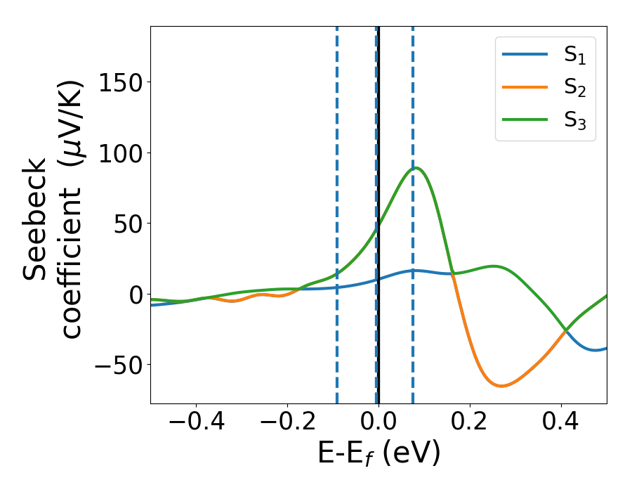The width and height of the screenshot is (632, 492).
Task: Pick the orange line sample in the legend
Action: click(x=525, y=88)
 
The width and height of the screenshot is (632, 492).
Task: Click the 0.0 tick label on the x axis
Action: click(x=378, y=424)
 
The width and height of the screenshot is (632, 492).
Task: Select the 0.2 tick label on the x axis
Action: click(x=470, y=424)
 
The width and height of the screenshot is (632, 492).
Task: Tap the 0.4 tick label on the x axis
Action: click(x=561, y=424)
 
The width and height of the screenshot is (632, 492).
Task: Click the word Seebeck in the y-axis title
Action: click(x=35, y=218)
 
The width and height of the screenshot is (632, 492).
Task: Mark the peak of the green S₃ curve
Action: click(x=416, y=167)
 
